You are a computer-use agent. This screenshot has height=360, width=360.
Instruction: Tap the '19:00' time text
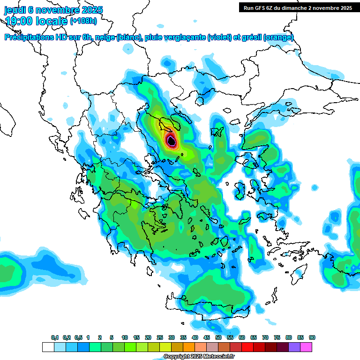pos(18,21)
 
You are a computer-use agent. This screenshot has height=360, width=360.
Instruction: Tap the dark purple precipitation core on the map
pos(172,140)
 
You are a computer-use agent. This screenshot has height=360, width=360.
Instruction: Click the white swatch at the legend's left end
pos(48,347)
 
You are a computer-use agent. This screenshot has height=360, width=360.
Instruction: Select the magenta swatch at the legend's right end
pos(306,347)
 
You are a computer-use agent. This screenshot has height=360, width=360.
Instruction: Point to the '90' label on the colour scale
pos(312,338)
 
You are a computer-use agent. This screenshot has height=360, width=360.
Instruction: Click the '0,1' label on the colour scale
pos(55,338)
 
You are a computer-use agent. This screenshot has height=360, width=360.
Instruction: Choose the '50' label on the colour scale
pos(218,338)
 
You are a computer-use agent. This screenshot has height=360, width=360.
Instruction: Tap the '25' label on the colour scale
pos(160,338)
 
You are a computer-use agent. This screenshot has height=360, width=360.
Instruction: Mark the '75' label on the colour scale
pos(277,338)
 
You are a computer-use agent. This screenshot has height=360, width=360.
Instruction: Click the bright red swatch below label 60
pos(247,347)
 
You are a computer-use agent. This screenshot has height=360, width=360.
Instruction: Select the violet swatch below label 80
pos(294,347)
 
